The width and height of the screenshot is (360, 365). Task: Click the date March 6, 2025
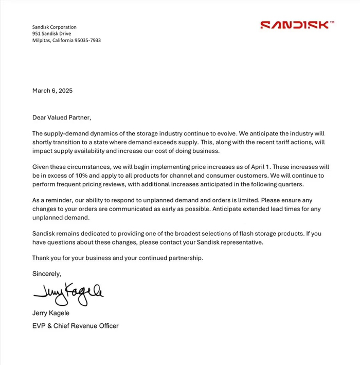tap(52, 91)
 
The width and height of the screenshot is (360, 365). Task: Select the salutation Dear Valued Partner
tap(62, 117)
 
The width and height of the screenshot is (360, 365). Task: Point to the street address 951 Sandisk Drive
tap(51, 33)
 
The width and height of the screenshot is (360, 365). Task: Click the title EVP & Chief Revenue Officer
tap(76, 326)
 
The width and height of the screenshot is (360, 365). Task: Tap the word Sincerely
tap(47, 274)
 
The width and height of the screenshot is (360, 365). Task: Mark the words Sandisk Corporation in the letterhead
tap(55, 27)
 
